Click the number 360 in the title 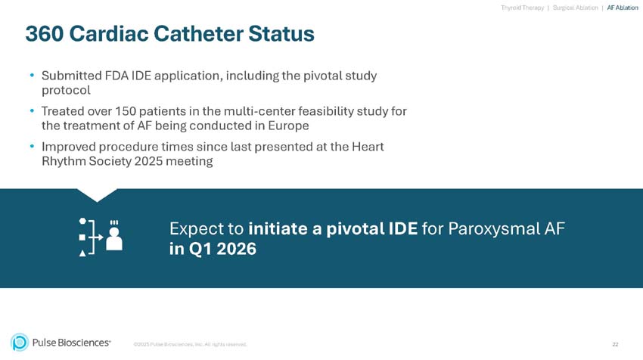coord(47,34)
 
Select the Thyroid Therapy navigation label coord(522,8)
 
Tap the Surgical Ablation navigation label coord(575,8)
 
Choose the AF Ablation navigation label coord(622,8)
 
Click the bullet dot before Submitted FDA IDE coord(32,76)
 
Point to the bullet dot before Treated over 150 coord(32,111)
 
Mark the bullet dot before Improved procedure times coord(32,147)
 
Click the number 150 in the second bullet coord(127,111)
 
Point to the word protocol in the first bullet coord(66,90)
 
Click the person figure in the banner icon coord(114,238)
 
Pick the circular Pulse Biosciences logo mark coord(20,343)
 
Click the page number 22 coord(615,344)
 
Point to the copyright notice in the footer coord(190,345)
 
